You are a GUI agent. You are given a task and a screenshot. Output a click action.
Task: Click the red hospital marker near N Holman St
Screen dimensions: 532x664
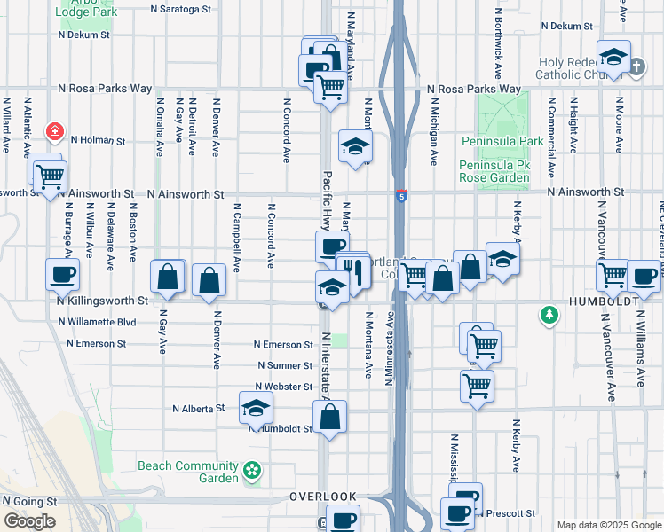[x=55, y=132]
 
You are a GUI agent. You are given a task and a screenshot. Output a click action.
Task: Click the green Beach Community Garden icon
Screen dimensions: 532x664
[x=253, y=470]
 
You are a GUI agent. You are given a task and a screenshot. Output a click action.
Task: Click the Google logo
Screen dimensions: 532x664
[x=29, y=520]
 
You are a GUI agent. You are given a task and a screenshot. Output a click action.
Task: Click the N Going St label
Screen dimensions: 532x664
[x=30, y=501]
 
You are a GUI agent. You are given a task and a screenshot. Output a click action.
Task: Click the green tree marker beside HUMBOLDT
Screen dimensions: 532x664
[x=551, y=314]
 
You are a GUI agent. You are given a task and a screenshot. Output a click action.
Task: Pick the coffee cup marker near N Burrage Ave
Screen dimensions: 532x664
[x=62, y=274]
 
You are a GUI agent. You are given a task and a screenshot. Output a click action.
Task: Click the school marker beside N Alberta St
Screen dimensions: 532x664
[x=256, y=407]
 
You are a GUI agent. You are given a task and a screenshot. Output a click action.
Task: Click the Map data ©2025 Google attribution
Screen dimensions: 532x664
[x=608, y=525]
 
